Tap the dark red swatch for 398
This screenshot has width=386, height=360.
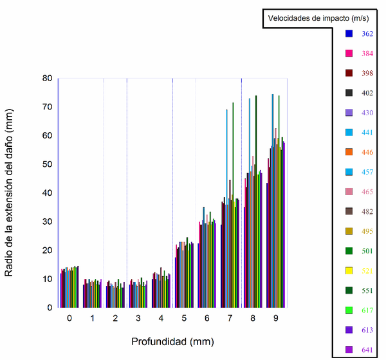tap(349, 73)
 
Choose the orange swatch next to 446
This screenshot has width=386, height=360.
tap(349, 152)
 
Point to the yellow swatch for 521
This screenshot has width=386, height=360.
tap(349, 270)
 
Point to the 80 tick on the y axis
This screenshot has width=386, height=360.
tap(47, 79)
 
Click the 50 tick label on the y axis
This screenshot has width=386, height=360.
tap(47, 164)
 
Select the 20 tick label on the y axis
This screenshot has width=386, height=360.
tap(47, 251)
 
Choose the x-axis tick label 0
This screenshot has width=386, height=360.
tap(69, 319)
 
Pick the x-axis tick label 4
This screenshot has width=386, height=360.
tap(161, 319)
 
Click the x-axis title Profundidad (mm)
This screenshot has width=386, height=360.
tap(172, 341)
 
